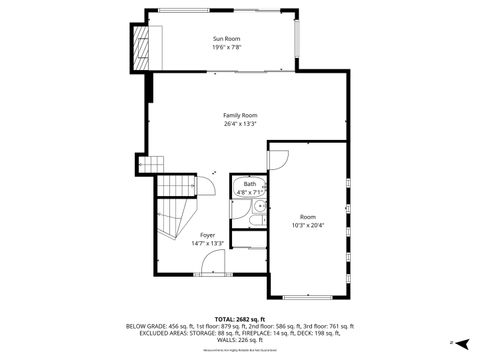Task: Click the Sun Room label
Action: pyautogui.click(x=226, y=39)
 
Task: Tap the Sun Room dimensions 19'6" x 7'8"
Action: pyautogui.click(x=226, y=47)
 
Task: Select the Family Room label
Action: pyautogui.click(x=240, y=116)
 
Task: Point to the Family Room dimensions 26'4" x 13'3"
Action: pyautogui.click(x=240, y=124)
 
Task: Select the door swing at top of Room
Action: pyautogui.click(x=278, y=157)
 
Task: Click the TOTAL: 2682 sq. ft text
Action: pyautogui.click(x=240, y=318)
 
